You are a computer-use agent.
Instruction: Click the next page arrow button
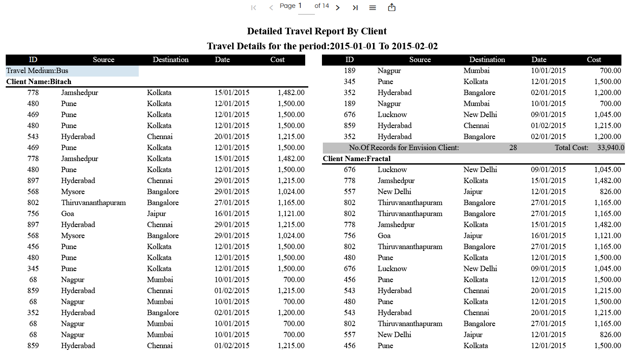[x=338, y=7]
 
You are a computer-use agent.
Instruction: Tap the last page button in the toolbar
[x=355, y=7]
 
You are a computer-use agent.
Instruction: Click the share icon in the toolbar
[x=392, y=7]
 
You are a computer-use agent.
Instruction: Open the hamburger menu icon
[x=373, y=7]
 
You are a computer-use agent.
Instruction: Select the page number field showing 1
[x=306, y=6]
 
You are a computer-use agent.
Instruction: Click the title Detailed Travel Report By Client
[x=317, y=31]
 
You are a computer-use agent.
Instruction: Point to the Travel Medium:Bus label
[x=37, y=70]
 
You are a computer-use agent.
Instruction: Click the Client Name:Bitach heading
[x=39, y=81]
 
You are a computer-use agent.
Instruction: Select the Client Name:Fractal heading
[x=357, y=158]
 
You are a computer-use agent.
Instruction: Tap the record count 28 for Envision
[x=513, y=147]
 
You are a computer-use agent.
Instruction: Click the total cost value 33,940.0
[x=611, y=147]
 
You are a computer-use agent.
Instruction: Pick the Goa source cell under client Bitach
[x=67, y=213]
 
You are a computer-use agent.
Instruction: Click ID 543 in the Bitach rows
[x=33, y=136]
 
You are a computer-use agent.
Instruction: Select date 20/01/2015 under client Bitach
[x=232, y=136]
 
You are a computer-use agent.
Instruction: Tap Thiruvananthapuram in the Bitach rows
[x=93, y=202]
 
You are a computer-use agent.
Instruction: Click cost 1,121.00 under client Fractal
[x=607, y=235]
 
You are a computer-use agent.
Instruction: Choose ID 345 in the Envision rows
[x=349, y=81]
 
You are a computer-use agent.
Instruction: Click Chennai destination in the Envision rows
[x=476, y=125]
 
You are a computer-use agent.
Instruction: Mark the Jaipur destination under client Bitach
[x=156, y=213]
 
